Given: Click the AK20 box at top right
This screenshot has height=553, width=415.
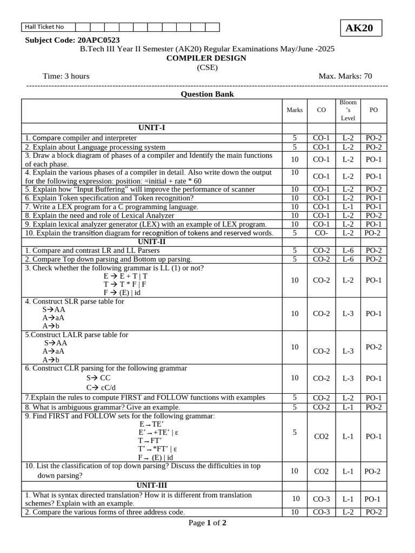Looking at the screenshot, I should [x=360, y=29].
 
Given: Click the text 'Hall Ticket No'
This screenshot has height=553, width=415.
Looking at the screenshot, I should [x=44, y=27].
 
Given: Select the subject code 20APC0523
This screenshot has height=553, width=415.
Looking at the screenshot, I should [x=72, y=40].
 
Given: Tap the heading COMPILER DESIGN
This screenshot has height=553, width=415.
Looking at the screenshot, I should [x=206, y=58].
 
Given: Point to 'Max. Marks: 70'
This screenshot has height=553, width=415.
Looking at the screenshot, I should [x=345, y=76].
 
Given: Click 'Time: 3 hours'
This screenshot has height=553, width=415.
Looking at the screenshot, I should [x=66, y=76].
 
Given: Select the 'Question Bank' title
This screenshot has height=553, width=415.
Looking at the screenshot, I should [x=207, y=94].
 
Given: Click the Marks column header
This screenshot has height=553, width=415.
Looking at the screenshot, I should [x=294, y=110].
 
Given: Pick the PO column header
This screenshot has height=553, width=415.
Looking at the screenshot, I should [x=373, y=110].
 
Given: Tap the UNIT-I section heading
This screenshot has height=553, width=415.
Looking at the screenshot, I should [x=152, y=127].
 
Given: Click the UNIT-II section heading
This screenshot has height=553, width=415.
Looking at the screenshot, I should [x=152, y=241].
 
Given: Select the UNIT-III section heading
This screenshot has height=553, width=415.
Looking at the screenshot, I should [x=152, y=485].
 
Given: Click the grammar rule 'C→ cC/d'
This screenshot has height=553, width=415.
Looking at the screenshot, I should [x=101, y=387].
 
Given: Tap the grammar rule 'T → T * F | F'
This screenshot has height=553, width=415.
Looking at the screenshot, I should [x=125, y=284].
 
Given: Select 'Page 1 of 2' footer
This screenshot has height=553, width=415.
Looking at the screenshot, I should [x=207, y=523].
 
